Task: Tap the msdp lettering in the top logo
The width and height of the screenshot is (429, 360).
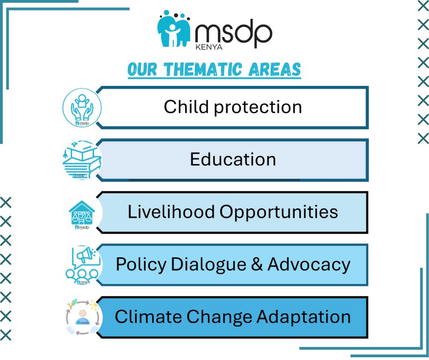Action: click(x=233, y=33)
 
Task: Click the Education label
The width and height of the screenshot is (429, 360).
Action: click(x=233, y=159)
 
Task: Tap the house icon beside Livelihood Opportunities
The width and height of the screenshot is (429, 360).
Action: click(x=82, y=213)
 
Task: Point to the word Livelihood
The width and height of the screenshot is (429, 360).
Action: click(x=171, y=212)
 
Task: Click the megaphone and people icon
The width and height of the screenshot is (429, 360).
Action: click(x=82, y=265)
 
